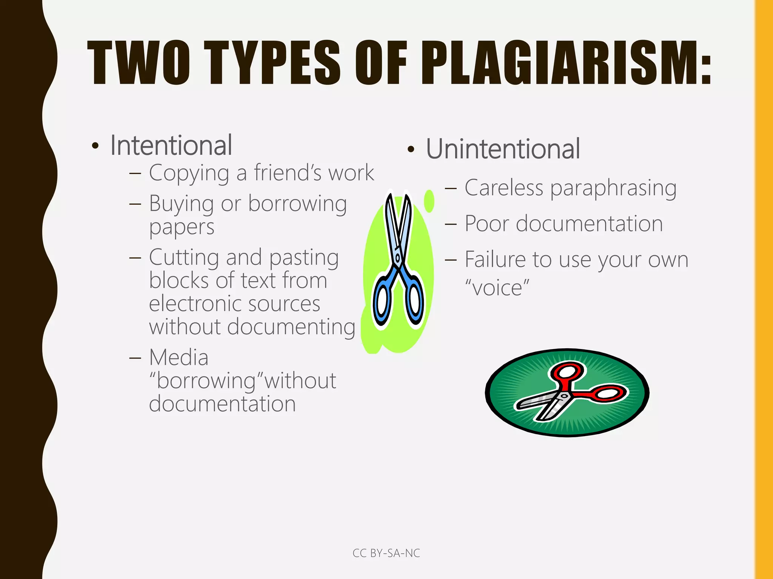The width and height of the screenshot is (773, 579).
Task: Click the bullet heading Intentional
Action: [x=171, y=146]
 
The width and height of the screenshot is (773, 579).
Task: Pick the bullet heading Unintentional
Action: [x=503, y=149]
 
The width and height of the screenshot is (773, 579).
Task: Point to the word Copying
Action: [x=189, y=173]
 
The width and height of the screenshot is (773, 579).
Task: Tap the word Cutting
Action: [x=184, y=257]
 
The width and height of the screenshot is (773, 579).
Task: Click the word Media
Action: [x=179, y=357]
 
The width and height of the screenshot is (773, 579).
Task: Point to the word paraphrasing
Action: [x=613, y=188]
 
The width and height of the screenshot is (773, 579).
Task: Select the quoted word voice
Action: [x=497, y=288]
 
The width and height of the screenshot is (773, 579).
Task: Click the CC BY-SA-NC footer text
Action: [x=386, y=553]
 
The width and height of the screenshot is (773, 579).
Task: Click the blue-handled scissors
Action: [x=398, y=264]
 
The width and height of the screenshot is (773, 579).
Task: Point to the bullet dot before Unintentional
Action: [x=411, y=150]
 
